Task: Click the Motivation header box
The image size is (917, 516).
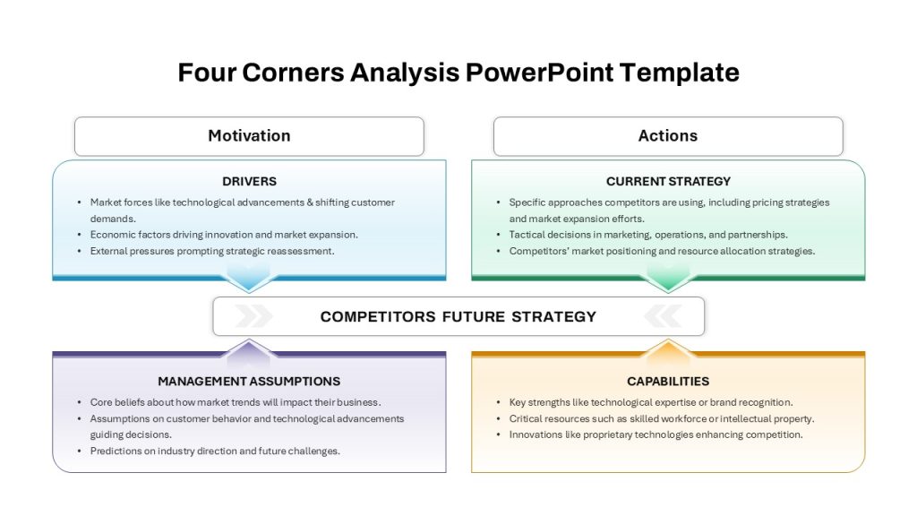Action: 249,136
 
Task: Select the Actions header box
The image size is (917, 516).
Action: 668,136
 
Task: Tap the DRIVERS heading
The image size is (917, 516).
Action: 249,181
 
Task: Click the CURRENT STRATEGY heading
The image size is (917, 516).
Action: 668,181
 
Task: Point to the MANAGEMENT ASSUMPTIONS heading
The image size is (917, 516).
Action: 249,382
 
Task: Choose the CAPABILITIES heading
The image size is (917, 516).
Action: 668,382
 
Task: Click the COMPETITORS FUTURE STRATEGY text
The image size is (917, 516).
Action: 458,316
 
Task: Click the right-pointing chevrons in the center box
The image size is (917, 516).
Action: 253,316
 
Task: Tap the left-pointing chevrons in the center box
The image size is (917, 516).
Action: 664,316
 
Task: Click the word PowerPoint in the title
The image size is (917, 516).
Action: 539,73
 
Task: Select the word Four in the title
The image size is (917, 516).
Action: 207,73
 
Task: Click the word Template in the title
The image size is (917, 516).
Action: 680,73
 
